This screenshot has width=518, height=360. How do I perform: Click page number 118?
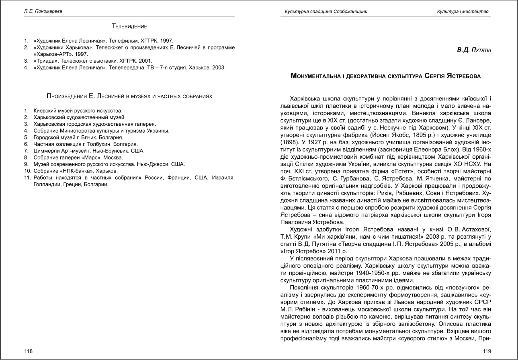pos(28,351)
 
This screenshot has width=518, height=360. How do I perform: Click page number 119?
pos(487,351)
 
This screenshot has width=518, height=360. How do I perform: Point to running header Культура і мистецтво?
pos(463,11)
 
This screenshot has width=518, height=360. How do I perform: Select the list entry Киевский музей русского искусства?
pos(78,110)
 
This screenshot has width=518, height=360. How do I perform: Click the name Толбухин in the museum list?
pos(92,144)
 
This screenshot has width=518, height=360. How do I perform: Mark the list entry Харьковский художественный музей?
pos(80,117)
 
